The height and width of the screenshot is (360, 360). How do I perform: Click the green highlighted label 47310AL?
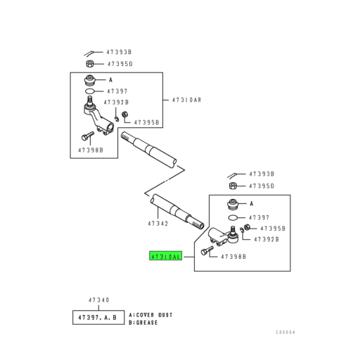coord(166,256)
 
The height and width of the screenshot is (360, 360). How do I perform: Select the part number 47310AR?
coord(186,100)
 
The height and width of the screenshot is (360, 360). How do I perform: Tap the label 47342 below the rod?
coord(158,224)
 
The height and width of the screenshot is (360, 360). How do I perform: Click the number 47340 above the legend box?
coord(99,300)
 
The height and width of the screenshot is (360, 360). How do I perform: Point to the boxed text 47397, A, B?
coord(98,318)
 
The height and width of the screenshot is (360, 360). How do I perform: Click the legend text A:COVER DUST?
coord(150,315)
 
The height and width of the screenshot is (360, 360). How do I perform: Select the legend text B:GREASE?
coord(143,323)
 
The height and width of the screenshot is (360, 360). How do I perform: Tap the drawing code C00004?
coord(285,333)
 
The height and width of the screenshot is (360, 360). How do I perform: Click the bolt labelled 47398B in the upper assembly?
coord(88,136)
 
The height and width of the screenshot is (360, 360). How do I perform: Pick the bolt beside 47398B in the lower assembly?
coord(207,250)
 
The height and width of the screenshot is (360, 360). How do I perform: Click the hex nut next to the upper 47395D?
coord(90,63)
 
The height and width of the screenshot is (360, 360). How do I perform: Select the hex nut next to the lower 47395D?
coord(233,186)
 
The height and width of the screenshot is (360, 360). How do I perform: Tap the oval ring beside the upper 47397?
coord(90,91)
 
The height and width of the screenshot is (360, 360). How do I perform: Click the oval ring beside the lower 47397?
coord(233,218)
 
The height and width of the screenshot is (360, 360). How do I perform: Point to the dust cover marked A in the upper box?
coord(90,81)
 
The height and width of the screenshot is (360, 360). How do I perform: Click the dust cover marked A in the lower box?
coord(233,205)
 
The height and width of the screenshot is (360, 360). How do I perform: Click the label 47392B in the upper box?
coord(116,103)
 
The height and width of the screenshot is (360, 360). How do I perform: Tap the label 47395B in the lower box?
coord(273,229)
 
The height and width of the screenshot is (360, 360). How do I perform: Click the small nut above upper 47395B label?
coord(124,115)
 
